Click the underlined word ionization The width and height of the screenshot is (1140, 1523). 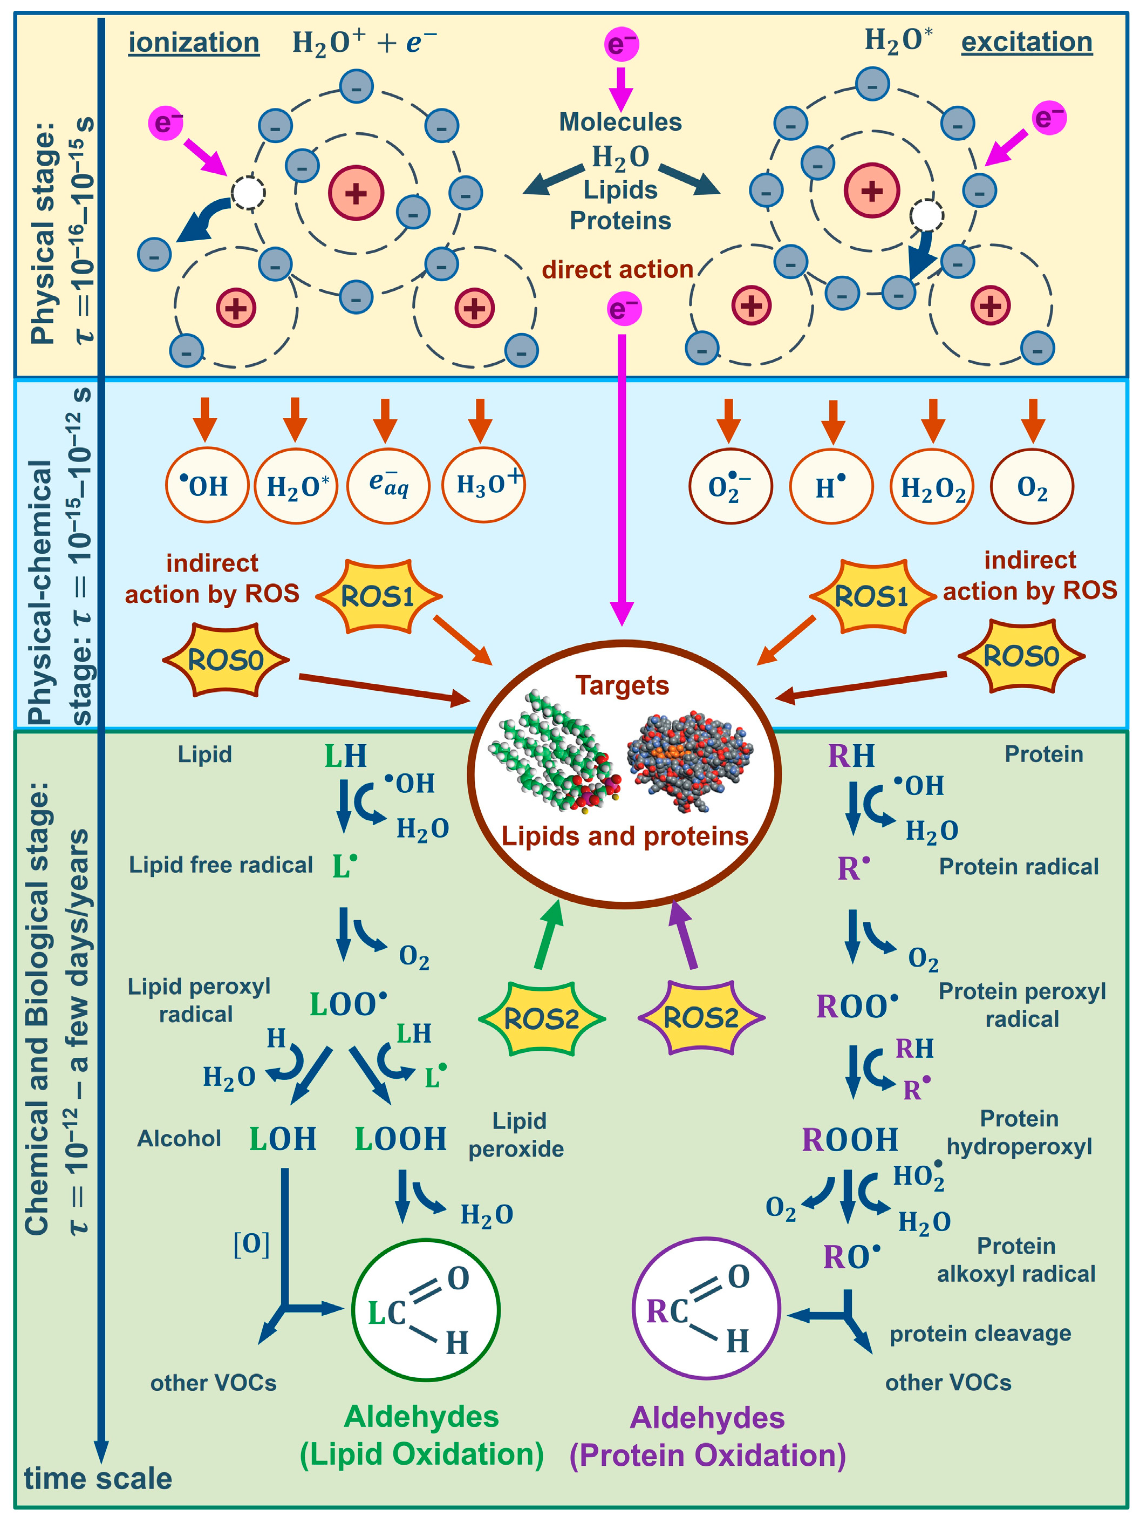point(194,43)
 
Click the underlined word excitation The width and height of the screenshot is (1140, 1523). point(1026,42)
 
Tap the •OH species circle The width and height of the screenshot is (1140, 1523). point(207,486)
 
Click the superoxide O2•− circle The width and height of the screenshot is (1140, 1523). point(731,487)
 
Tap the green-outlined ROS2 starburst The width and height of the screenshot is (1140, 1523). point(541,1018)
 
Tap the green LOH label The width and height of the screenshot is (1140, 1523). point(282,1139)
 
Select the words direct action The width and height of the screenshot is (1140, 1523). point(617,269)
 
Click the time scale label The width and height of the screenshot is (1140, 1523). point(98,1478)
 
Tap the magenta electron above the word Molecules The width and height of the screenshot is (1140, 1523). point(621,44)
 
